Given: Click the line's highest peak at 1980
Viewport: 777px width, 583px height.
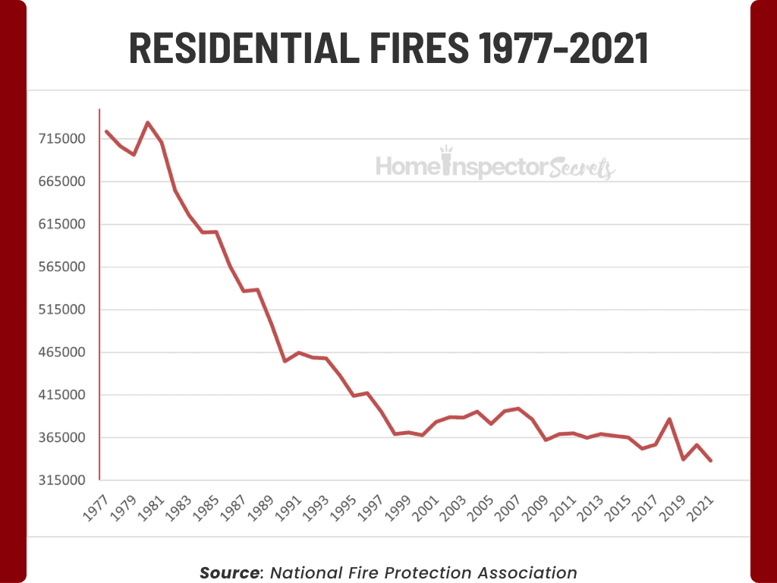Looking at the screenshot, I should (x=148, y=122).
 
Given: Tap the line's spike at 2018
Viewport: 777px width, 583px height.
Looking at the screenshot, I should (x=669, y=419).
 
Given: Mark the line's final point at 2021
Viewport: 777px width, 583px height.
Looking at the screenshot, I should (x=710, y=461).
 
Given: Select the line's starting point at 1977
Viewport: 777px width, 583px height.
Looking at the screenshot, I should (x=106, y=131).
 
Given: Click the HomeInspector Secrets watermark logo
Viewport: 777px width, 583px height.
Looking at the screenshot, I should (x=495, y=165).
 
